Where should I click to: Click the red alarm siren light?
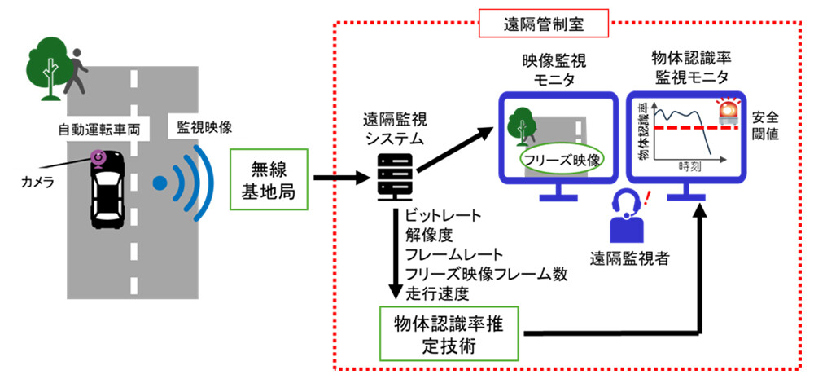tap(727, 110)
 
